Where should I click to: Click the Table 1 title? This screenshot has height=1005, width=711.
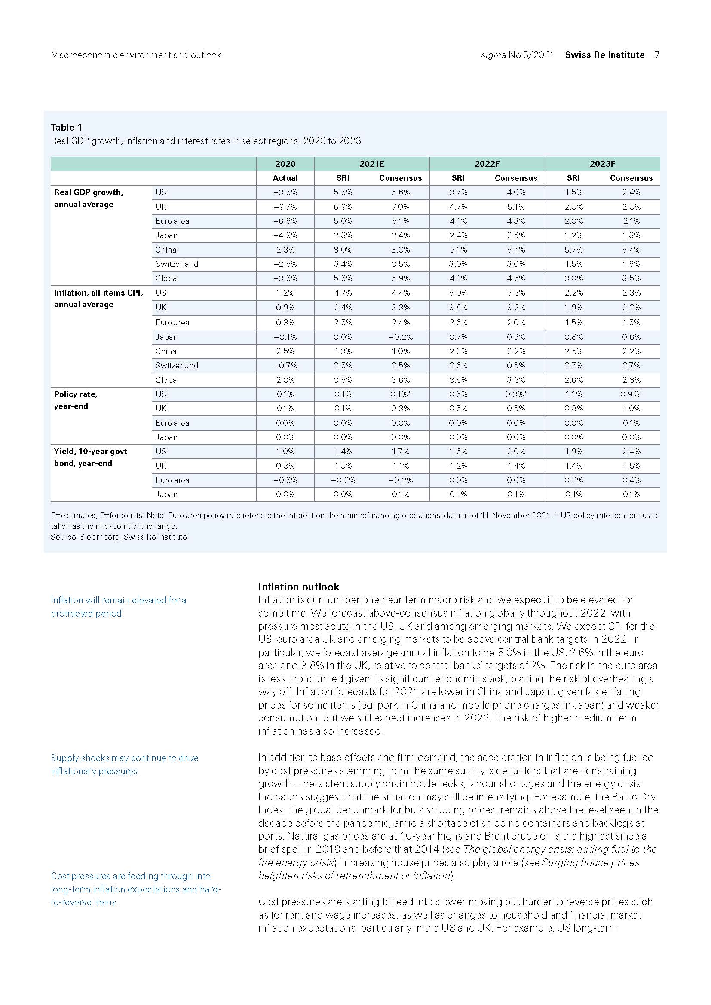66,127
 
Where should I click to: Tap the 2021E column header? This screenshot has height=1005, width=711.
371,164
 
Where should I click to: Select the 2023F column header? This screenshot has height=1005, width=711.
602,164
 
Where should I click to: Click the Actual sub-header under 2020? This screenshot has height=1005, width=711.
285,178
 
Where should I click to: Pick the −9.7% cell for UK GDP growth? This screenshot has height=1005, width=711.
285,207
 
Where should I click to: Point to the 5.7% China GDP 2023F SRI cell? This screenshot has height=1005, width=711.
573,250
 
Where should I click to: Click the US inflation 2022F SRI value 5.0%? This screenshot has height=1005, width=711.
458,293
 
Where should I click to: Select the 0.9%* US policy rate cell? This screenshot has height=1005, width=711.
631,394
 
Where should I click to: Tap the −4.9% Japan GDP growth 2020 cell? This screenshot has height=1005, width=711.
285,235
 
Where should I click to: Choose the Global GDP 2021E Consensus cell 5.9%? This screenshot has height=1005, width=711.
400,278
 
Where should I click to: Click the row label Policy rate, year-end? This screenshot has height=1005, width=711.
75,400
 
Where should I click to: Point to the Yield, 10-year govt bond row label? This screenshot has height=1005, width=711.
90,458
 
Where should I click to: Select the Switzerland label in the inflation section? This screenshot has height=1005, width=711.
176,366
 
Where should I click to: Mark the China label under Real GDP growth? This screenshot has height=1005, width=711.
166,250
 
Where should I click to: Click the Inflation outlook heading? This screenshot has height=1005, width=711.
299,587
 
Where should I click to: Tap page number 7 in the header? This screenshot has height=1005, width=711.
657,55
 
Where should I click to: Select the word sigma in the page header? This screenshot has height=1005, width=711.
493,55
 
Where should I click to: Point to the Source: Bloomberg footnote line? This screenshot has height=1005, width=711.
119,537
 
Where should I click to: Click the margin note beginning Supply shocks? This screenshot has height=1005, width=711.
124,764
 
